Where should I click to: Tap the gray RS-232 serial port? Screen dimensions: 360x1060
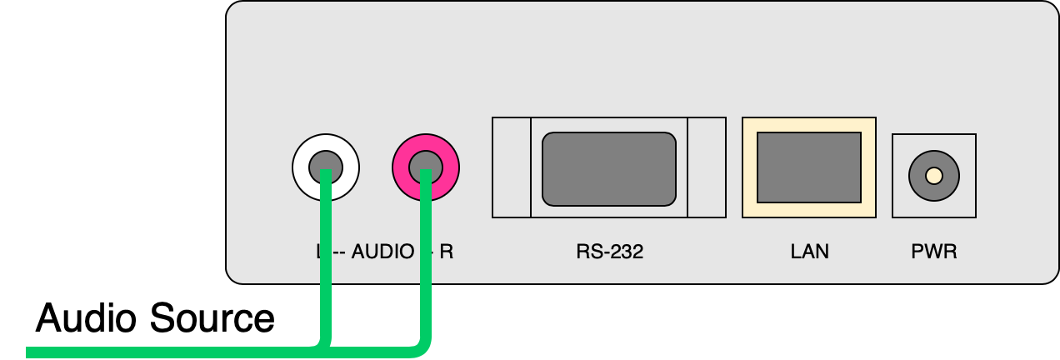click(609, 168)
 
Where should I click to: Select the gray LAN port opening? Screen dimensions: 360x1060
click(808, 167)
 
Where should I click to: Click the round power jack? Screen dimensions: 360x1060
click(934, 176)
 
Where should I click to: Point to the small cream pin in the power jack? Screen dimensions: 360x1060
click(934, 176)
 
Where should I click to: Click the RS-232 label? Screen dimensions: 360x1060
click(609, 251)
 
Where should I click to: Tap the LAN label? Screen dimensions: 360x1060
click(809, 251)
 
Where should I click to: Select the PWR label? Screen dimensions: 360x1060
click(934, 251)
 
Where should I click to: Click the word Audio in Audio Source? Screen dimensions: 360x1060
click(85, 318)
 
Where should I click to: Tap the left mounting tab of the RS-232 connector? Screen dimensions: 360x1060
click(511, 167)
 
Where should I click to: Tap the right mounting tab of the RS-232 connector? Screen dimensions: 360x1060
click(707, 167)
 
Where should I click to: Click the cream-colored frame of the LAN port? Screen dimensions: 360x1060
click(808, 125)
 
